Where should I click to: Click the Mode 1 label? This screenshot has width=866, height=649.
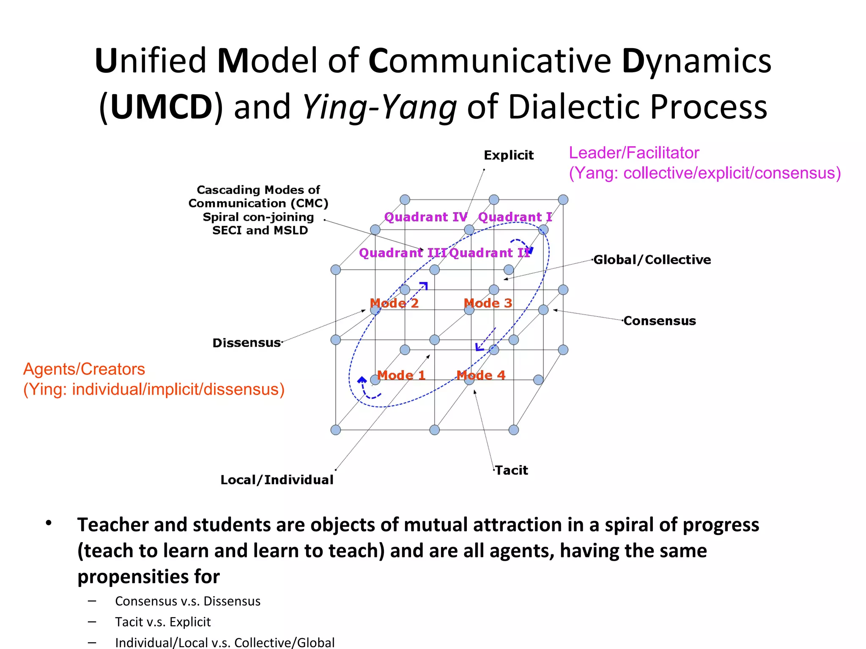click(401, 375)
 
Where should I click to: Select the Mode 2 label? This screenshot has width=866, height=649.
click(394, 303)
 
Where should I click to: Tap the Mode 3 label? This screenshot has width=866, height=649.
click(488, 303)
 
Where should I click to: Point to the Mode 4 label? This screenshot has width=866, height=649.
click(481, 375)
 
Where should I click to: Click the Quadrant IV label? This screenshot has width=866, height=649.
click(426, 217)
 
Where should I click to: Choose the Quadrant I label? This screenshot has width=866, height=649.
click(515, 217)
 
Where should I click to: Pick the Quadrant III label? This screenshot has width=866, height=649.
click(402, 253)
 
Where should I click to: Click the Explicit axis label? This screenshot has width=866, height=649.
click(509, 155)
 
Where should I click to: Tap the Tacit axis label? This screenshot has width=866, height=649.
click(512, 470)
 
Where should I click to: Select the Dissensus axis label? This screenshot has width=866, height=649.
click(247, 343)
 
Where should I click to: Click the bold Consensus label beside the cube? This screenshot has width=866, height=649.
click(660, 321)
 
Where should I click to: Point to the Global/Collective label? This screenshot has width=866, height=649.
click(652, 259)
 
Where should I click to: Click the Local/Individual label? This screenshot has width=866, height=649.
click(277, 480)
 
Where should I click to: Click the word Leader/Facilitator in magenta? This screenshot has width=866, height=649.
click(634, 153)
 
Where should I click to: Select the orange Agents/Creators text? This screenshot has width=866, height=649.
click(84, 369)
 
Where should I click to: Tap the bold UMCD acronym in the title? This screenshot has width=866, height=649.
click(161, 107)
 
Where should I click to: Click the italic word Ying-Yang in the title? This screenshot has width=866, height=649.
click(380, 107)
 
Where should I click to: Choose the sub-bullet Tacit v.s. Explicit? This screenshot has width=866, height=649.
click(163, 622)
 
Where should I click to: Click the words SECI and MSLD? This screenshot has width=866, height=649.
click(260, 230)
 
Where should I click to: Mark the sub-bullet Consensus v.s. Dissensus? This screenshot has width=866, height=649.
click(188, 601)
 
